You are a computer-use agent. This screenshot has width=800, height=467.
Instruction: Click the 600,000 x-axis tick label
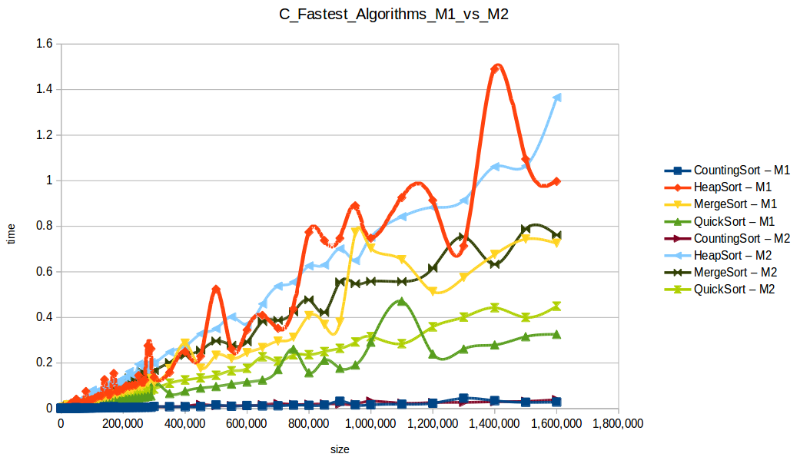pyautogui.click(x=247, y=423)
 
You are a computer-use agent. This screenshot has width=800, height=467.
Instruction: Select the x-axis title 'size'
pyautogui.click(x=339, y=448)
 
